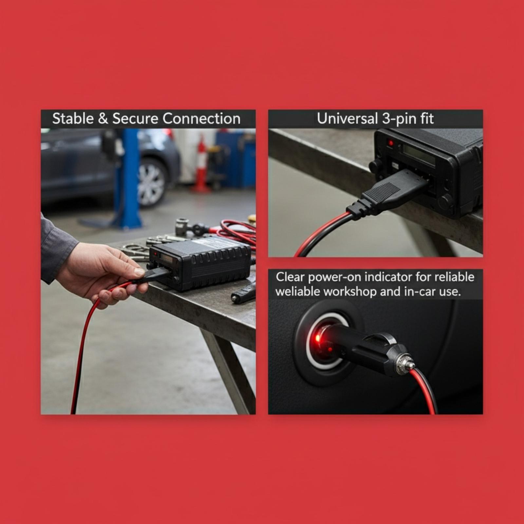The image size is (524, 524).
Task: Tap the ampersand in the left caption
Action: (103, 119)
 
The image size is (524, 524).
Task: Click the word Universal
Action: (347, 119)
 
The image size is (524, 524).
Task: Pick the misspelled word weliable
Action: (297, 291)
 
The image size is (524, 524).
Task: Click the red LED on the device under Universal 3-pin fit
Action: (390, 143)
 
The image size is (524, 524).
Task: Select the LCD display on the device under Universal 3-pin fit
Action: (419, 154)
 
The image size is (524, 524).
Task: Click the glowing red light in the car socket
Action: (317, 338)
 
